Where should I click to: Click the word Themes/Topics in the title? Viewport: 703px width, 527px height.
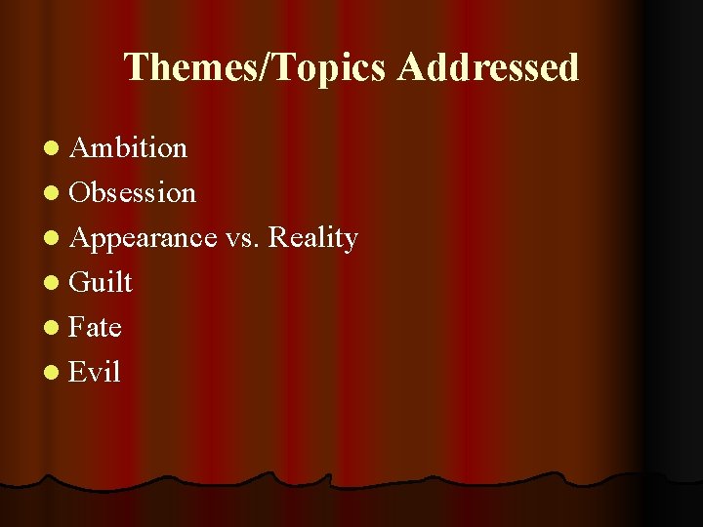[257, 68]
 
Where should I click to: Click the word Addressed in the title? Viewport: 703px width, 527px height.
[488, 68]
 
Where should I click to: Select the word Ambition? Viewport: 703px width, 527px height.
[129, 148]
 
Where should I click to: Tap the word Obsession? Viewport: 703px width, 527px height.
[133, 193]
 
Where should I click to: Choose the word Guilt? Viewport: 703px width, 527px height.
[102, 283]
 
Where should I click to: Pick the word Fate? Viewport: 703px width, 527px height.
[96, 328]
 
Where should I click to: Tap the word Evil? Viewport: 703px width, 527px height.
[96, 373]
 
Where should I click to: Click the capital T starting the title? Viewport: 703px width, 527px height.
[135, 68]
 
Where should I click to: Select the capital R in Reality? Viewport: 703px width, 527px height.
[278, 238]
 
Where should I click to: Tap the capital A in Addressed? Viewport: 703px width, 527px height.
[410, 68]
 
